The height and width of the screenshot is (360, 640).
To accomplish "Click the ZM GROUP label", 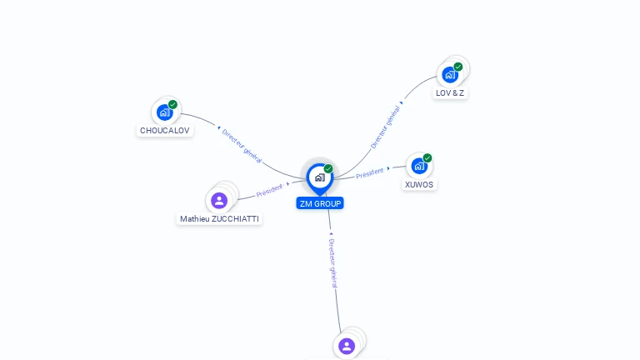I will click(320, 203).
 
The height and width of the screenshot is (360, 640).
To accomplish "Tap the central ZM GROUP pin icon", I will click(319, 177).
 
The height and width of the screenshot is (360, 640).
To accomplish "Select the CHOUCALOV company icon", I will click(164, 112).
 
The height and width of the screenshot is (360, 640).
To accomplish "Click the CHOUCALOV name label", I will click(165, 131).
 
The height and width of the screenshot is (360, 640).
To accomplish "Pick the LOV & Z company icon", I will click(450, 74).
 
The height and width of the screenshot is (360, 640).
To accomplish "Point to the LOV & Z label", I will click(450, 93).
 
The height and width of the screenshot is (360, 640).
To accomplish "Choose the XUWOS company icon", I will click(419, 165).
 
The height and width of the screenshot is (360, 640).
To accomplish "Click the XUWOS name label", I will click(419, 185).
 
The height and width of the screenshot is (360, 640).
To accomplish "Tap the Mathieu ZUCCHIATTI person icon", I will click(219, 200).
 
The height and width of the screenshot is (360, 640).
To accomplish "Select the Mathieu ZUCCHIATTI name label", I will click(219, 219).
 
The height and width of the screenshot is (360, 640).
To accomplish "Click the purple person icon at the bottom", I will click(347, 345).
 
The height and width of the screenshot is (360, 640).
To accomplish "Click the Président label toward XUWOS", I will click(370, 173).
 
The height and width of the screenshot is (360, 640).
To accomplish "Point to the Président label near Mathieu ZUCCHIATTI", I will click(270, 191).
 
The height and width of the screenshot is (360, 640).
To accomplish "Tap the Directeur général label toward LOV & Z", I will click(386, 127).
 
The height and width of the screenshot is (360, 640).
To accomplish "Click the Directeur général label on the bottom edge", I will click(333, 262).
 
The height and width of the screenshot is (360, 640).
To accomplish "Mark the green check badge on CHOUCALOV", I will click(172, 105).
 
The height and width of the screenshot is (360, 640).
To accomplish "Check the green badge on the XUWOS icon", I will click(427, 157).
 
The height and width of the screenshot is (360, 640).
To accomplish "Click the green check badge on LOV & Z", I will click(458, 67).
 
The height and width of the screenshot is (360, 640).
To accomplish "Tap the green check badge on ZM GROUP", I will click(328, 168).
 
